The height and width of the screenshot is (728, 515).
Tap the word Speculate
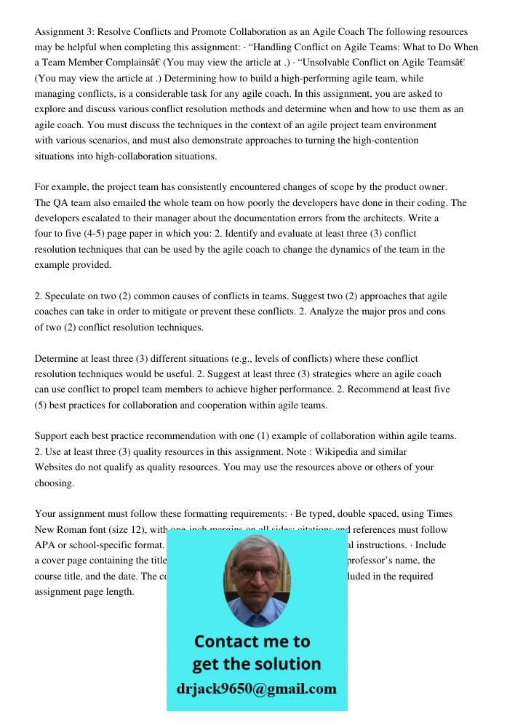68,296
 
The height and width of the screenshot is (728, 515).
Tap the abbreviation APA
46,545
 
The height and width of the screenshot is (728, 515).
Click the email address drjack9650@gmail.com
257,689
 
